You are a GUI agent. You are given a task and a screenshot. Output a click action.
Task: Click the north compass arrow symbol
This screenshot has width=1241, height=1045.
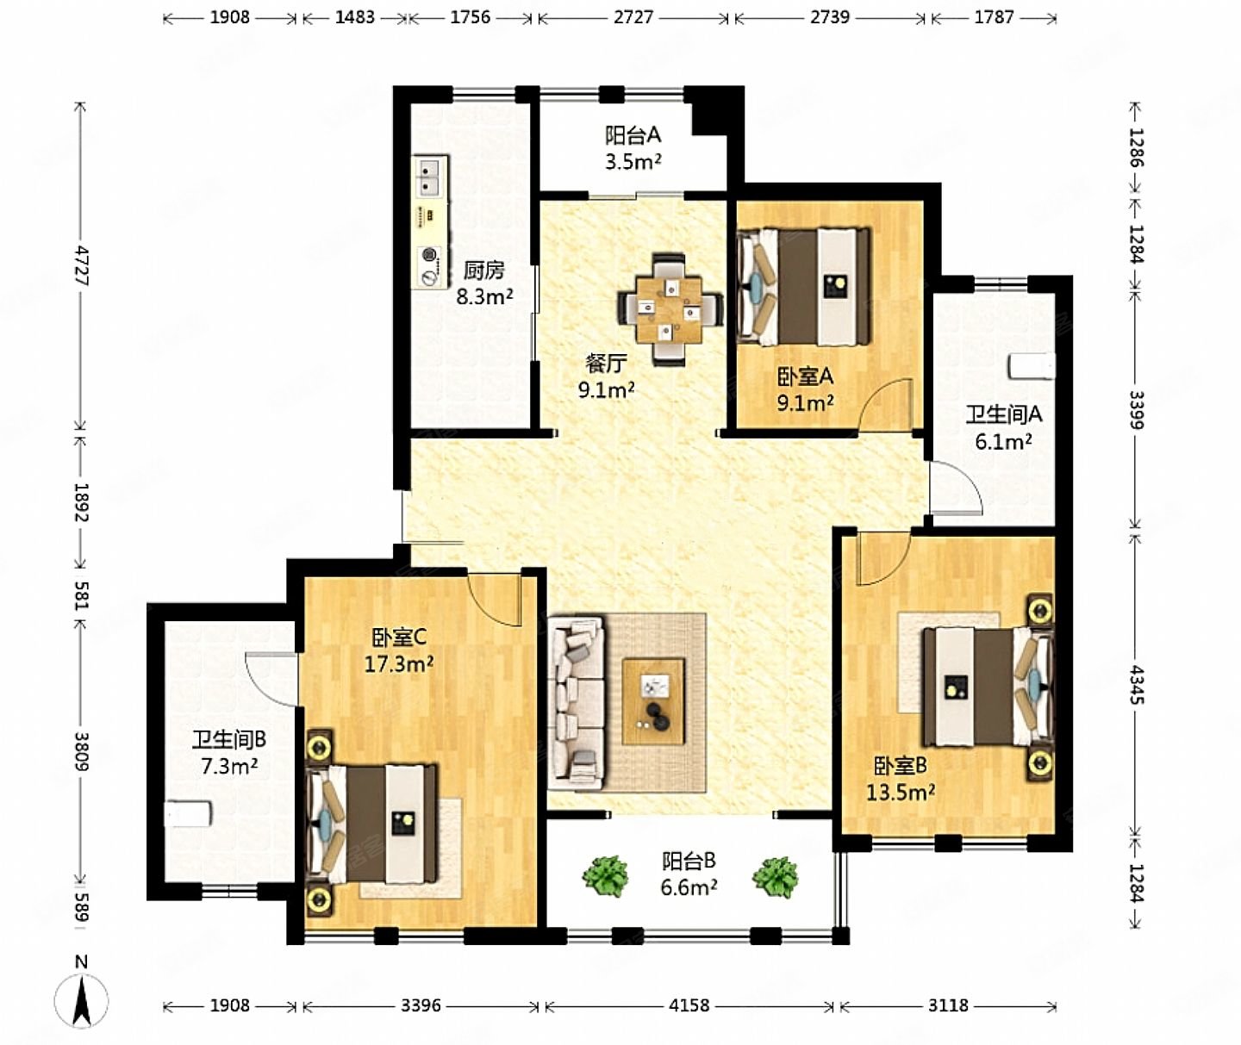click(x=81, y=1001)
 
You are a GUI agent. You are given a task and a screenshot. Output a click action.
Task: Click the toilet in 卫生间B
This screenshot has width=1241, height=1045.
click(x=188, y=813)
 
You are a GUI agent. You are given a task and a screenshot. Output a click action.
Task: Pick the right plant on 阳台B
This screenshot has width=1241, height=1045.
click(x=775, y=875)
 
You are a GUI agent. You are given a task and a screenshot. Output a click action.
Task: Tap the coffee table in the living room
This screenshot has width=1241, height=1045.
click(x=653, y=701)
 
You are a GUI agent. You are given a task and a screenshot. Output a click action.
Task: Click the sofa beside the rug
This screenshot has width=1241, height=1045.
click(x=576, y=702)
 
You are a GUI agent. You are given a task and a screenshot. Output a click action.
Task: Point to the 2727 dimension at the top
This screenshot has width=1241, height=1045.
click(x=633, y=17)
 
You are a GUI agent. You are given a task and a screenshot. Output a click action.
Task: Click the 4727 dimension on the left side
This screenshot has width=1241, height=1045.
click(x=81, y=265)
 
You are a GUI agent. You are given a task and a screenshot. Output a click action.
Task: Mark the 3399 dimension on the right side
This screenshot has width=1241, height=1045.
click(x=1136, y=410)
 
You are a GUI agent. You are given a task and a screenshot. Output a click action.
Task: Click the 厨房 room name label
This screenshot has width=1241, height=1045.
click(x=483, y=271)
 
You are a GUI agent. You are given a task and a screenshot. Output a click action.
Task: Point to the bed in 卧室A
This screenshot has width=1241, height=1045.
click(x=804, y=286)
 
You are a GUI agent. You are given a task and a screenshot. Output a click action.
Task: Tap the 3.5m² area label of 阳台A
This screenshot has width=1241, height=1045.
click(x=633, y=162)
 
